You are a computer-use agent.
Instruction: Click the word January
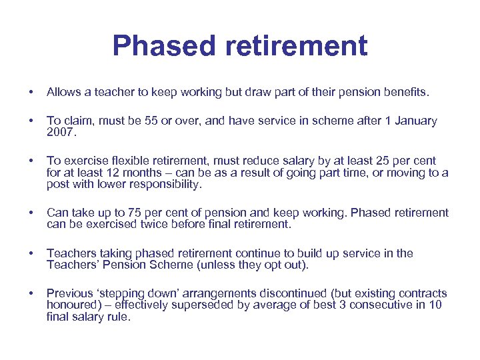tap(415, 121)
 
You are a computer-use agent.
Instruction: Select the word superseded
tap(196, 305)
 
